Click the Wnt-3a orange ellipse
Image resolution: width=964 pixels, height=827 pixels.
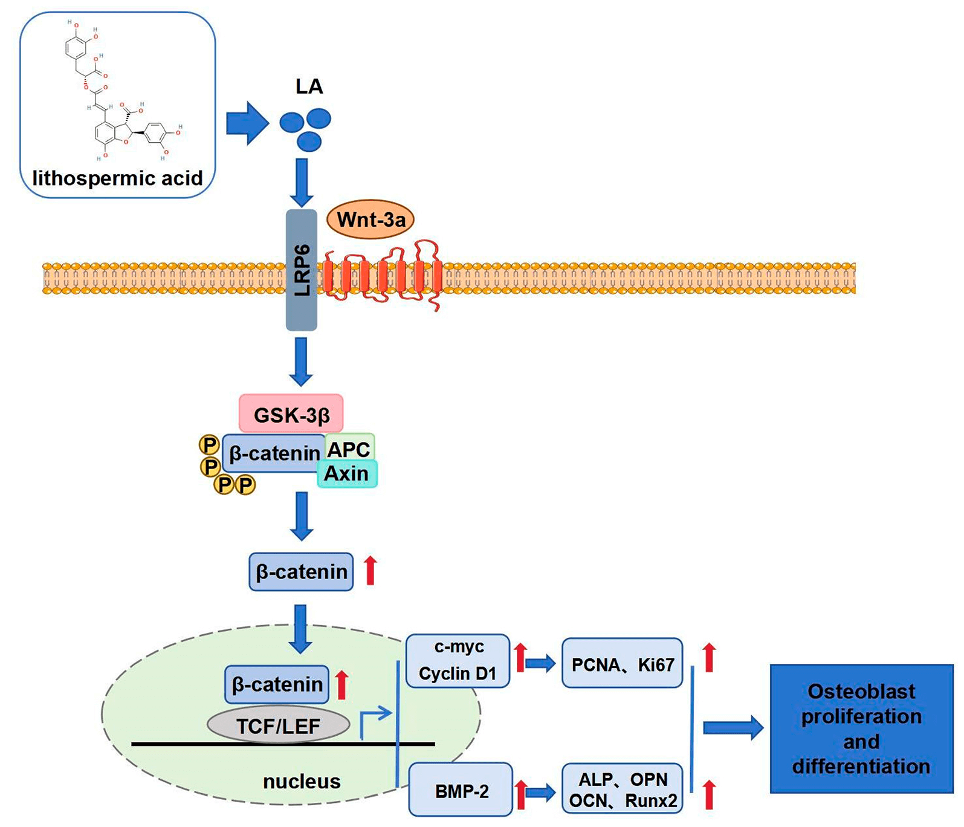point(370,219)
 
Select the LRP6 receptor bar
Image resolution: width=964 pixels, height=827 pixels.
point(302,270)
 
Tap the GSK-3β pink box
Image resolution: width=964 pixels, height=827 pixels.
point(291,414)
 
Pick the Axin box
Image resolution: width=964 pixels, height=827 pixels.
point(347,474)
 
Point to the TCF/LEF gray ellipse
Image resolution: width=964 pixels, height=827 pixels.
point(278,725)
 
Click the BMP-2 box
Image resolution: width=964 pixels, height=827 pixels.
point(461,790)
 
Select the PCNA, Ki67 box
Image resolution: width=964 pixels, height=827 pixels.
point(622,664)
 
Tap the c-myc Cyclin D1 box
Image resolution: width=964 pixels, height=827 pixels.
point(458,661)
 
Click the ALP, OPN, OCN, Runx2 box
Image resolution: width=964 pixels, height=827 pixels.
point(622,789)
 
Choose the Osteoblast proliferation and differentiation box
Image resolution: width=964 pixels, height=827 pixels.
point(861,728)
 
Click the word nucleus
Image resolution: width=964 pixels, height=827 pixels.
point(302,781)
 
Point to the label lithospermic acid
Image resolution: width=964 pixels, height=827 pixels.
point(117,178)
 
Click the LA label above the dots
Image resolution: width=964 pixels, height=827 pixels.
point(309,86)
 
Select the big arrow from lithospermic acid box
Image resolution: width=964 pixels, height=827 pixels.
point(247,123)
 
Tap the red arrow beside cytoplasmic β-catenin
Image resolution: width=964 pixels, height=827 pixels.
point(370,571)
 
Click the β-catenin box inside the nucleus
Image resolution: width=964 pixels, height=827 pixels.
point(277,684)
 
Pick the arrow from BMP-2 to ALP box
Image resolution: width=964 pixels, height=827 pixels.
point(540,791)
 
